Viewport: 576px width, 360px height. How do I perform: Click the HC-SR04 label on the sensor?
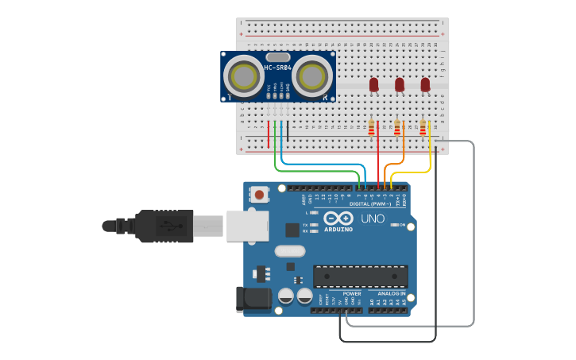[278, 68]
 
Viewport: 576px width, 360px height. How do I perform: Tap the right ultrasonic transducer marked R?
[313, 76]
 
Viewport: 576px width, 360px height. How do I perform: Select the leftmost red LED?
[373, 83]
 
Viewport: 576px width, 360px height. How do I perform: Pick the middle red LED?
[400, 83]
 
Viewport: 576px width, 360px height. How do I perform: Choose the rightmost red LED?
[425, 83]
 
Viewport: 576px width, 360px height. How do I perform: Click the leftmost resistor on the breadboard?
[371, 128]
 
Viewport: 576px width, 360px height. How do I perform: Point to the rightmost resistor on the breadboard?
[423, 128]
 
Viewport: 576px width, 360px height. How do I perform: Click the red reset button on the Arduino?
[260, 194]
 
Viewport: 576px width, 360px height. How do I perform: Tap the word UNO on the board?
[373, 219]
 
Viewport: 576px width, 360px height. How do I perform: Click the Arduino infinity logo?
[338, 219]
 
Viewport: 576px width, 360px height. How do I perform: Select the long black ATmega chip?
[360, 277]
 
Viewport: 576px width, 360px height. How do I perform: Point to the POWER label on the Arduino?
[352, 294]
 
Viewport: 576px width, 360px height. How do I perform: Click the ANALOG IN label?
[391, 294]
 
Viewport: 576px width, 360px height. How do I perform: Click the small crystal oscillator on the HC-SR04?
[278, 57]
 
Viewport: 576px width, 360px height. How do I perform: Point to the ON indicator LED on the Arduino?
[395, 226]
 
